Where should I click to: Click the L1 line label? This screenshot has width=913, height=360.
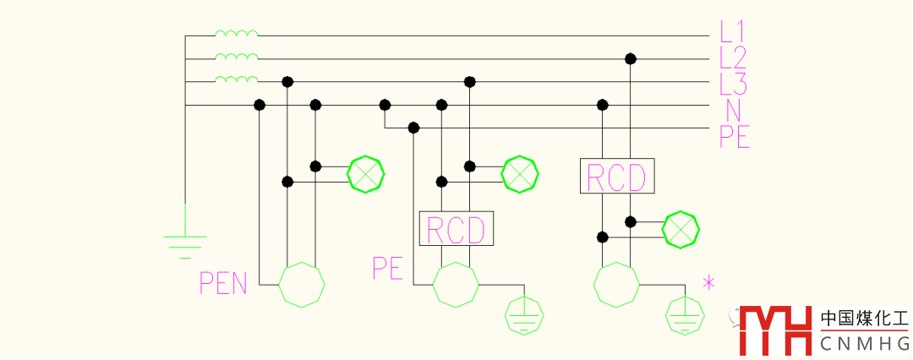732,32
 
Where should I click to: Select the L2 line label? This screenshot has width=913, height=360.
733,57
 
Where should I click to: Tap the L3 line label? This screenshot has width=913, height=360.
733,84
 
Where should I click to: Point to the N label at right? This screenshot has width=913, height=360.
732,110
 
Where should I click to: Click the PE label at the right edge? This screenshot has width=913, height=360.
735,136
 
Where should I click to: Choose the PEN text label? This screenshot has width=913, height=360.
223,283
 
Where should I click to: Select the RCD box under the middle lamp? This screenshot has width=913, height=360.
456,229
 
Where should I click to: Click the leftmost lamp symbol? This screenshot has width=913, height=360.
366,174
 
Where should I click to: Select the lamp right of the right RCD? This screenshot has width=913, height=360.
681,228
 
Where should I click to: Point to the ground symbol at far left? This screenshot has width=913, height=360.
184,242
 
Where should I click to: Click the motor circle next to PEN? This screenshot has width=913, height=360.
302,285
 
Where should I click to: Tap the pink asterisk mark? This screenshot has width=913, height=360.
708,283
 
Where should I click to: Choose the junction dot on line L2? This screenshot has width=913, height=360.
630,58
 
